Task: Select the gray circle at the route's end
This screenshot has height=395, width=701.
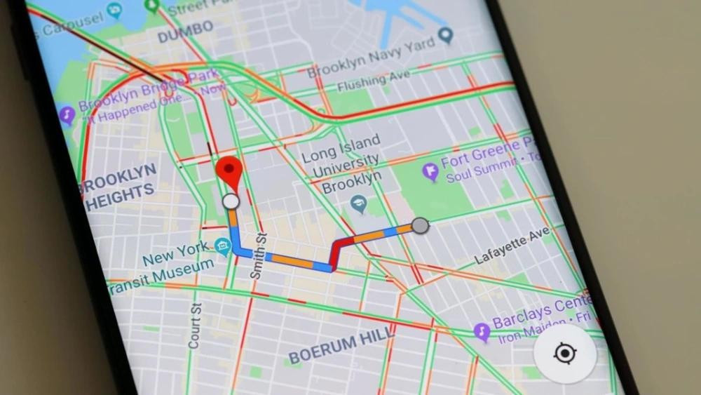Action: point(419,225)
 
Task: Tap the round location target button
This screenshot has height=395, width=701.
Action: point(565,354)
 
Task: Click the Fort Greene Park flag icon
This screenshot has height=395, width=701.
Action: point(430,170)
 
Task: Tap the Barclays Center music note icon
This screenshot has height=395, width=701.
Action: point(482,331)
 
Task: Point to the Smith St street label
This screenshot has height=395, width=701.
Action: point(257,256)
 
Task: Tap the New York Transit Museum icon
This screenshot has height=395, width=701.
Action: point(223,246)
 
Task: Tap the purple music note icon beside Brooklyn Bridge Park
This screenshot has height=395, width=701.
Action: point(67,114)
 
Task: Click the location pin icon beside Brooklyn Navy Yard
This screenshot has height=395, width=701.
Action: point(444,35)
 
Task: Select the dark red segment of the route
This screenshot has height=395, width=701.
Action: point(339,250)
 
